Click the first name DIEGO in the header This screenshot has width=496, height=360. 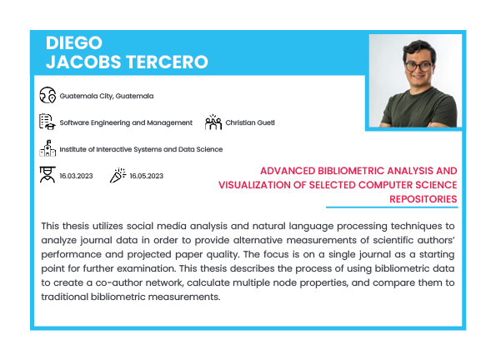(x=74, y=42)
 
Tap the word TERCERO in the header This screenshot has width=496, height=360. (x=167, y=62)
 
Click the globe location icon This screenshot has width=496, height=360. (x=48, y=95)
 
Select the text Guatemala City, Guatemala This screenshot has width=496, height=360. (x=107, y=96)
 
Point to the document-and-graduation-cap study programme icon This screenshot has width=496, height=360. (x=48, y=122)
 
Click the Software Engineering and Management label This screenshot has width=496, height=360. (x=126, y=122)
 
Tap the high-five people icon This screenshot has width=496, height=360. (x=213, y=122)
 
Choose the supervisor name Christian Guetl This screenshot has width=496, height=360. (x=250, y=122)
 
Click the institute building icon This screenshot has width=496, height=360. (x=48, y=148)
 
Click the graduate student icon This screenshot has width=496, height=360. (x=48, y=175)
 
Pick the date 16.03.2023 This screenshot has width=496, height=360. (x=76, y=176)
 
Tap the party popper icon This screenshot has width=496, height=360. (x=118, y=175)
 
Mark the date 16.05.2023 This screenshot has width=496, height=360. (x=147, y=176)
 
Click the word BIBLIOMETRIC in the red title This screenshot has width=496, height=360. (x=351, y=171)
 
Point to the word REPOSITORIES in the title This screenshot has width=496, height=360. (x=423, y=199)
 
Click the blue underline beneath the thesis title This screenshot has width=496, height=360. (x=392, y=207)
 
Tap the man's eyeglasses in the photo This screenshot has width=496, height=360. (x=418, y=67)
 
